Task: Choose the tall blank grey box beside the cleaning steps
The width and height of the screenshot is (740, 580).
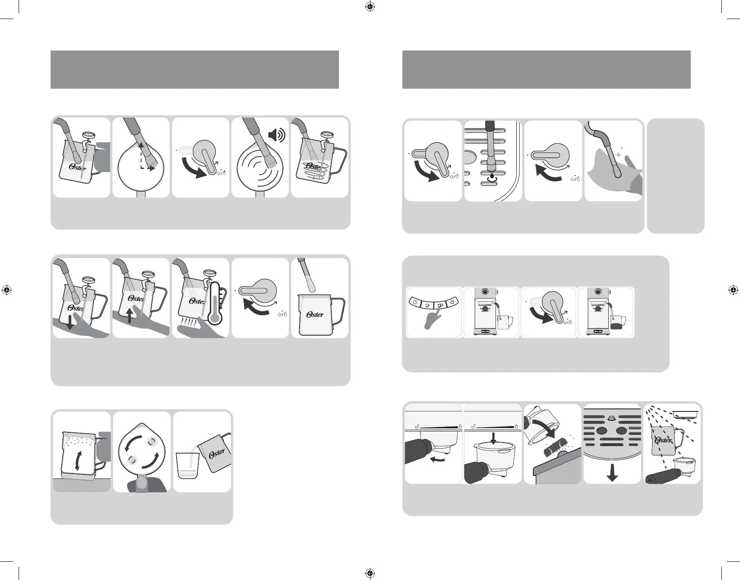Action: click(x=676, y=176)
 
